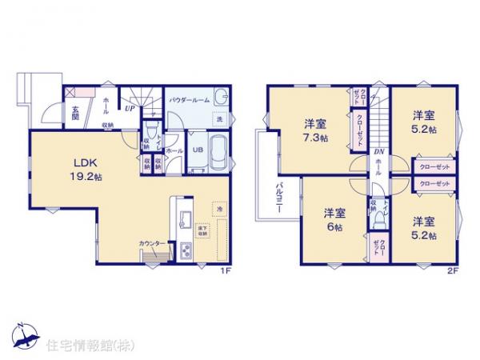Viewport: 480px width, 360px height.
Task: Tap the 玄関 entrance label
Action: pos(71,113)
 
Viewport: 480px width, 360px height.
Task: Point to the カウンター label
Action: pos(152,243)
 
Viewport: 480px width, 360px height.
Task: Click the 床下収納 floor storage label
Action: pos(205,232)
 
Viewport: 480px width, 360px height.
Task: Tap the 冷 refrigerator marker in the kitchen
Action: pos(219,209)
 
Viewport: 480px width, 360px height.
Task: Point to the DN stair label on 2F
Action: pos(380,153)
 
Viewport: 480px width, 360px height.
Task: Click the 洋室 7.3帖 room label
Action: pos(314,130)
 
